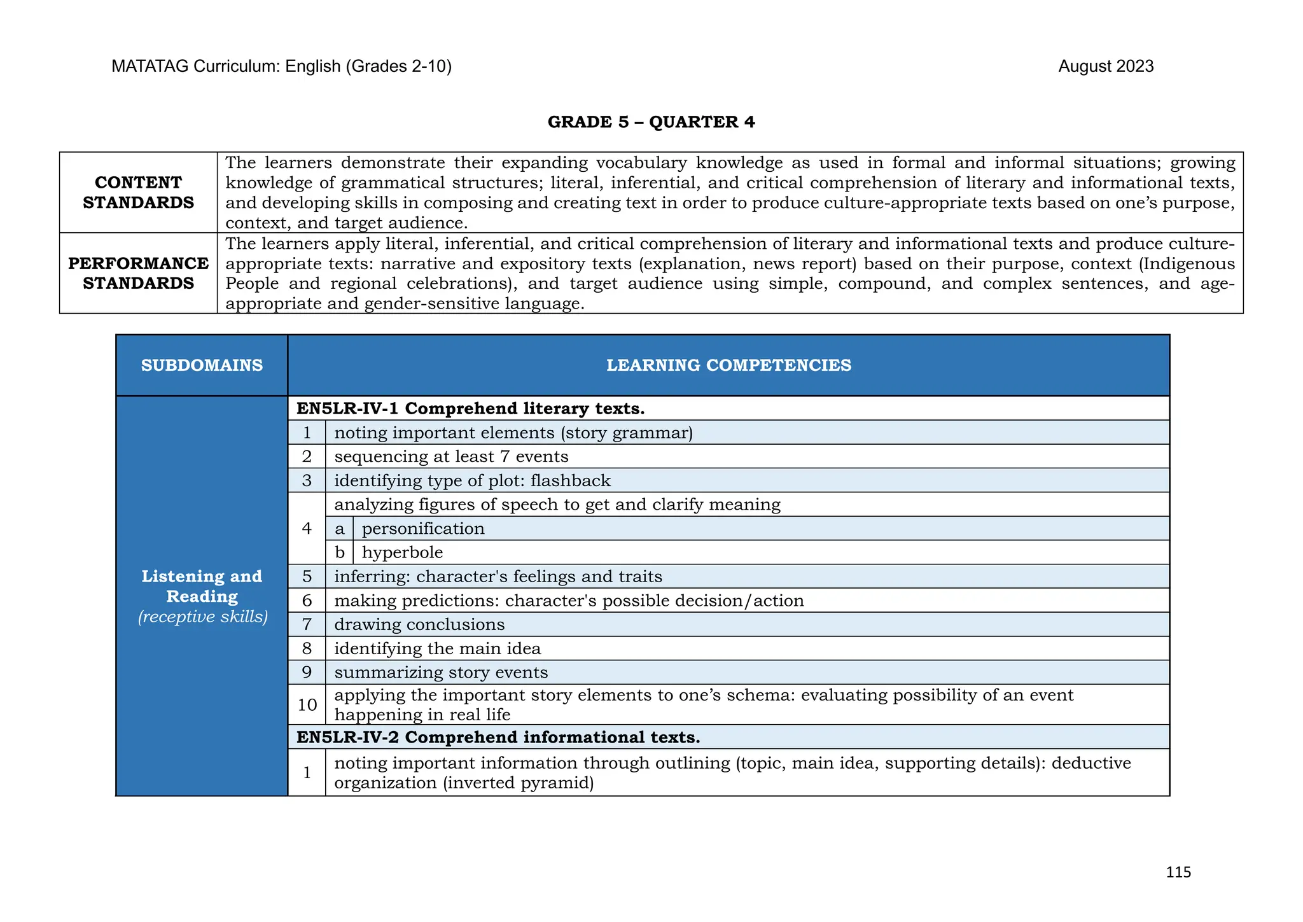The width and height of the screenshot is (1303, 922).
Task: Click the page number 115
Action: coord(1178,872)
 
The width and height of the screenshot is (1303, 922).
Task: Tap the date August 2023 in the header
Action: coord(1105,67)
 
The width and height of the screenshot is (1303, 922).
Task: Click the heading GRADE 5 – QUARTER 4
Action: coord(651,122)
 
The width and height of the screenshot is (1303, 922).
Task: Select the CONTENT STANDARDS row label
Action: coord(138,193)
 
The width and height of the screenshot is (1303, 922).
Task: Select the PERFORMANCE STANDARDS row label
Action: coord(138,274)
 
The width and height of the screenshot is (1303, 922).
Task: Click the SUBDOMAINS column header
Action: coord(202,366)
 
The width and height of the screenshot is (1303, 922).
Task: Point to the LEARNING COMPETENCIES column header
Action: coord(728,366)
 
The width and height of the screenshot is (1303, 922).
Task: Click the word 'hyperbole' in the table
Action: coord(402,553)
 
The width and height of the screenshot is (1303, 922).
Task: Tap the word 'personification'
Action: coord(423,529)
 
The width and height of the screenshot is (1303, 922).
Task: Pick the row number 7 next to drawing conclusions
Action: coord(307,625)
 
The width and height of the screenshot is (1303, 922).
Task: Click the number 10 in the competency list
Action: coord(307,705)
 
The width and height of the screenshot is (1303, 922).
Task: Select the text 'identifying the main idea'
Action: coord(437,649)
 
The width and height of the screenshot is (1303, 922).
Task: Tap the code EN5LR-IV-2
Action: coord(347,737)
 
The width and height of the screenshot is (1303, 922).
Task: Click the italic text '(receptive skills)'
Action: coord(202,617)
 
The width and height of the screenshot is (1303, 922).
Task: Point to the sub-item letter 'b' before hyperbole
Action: coord(339,553)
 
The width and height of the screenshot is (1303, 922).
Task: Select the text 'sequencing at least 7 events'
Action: coord(450,457)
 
